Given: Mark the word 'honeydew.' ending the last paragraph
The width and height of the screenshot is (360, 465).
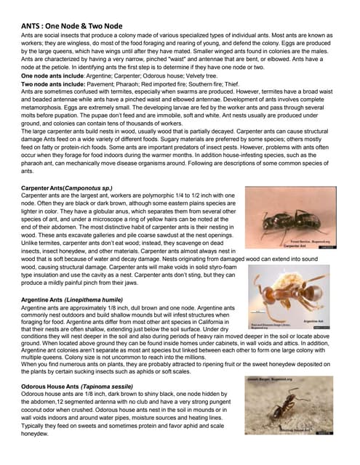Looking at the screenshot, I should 40,434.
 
